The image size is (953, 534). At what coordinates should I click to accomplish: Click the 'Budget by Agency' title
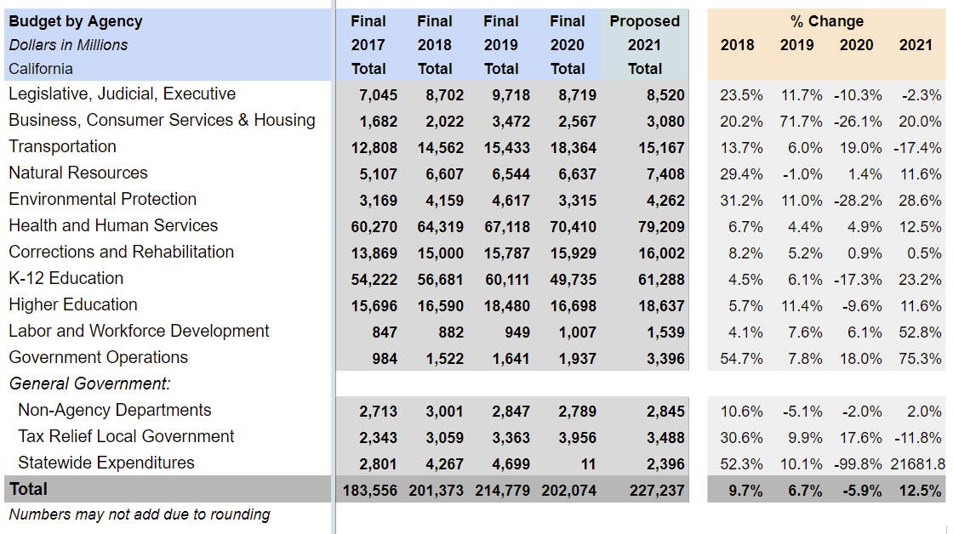76,21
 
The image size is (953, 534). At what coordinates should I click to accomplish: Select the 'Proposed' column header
645,21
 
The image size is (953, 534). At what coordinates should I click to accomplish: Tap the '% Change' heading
826,21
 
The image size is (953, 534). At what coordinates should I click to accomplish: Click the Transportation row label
62,146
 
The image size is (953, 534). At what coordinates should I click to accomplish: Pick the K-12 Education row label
66,278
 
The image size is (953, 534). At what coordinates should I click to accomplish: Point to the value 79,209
661,227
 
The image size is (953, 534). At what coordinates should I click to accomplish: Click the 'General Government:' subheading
89,383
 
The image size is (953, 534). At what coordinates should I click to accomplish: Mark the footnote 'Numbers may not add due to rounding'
140,514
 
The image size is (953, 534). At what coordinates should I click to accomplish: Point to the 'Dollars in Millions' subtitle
69,45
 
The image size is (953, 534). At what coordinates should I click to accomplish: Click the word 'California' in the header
41,69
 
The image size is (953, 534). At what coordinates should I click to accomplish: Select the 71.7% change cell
801,122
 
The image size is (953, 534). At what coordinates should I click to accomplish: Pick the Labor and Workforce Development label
139,331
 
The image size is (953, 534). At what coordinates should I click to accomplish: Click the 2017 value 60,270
374,227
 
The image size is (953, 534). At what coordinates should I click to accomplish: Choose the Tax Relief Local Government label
126,436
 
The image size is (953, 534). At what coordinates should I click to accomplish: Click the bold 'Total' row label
28,489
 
